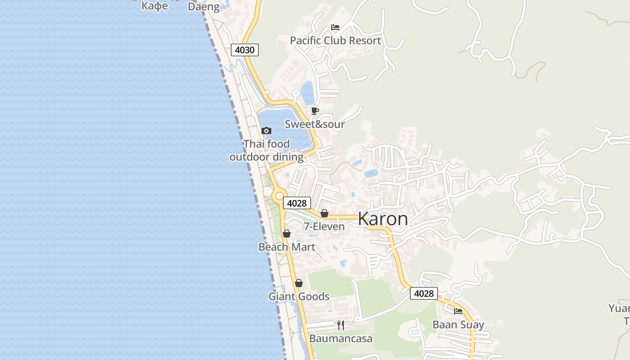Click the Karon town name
point(383,219)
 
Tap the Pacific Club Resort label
point(335,40)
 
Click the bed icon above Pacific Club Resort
point(335,27)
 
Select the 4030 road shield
point(245,50)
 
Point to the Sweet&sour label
point(315,124)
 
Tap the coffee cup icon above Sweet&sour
point(315,111)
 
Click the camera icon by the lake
point(266,131)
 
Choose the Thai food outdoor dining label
point(266,150)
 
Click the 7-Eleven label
point(324,226)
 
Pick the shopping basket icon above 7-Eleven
point(324,213)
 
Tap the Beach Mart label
point(287,247)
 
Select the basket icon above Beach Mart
point(287,234)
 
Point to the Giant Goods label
point(299,297)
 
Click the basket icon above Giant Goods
point(299,283)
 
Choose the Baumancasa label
point(341,338)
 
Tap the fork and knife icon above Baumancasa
point(341,325)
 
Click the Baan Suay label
point(458,324)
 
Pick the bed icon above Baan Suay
point(458,311)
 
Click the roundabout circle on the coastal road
point(279,196)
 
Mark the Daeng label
point(204,7)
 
